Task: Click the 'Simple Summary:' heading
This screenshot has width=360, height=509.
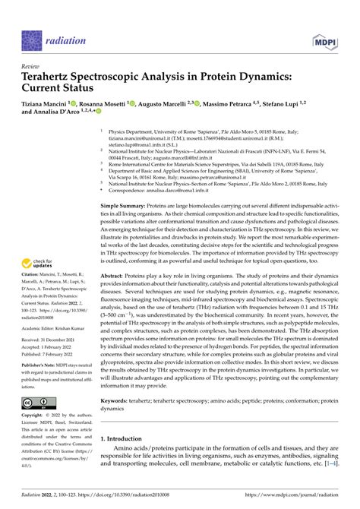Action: pos(126,207)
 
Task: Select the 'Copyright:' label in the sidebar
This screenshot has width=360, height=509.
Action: pos(33,416)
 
